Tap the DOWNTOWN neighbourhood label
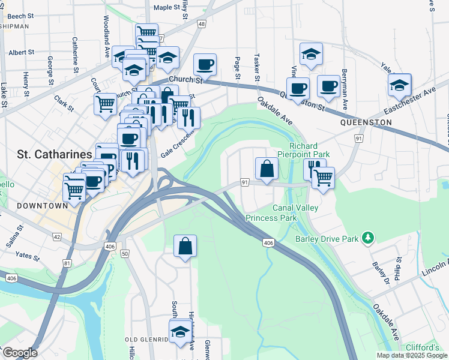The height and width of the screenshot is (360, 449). [x=34, y=206]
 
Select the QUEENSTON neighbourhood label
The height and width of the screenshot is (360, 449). [x=366, y=122]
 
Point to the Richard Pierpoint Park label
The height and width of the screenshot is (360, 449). [x=309, y=150]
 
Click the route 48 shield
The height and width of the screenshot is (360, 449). [x=201, y=24]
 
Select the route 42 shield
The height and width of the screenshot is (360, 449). [x=57, y=237]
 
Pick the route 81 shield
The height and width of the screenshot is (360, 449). [x=67, y=263]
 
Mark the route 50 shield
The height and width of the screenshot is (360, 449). [x=125, y=254]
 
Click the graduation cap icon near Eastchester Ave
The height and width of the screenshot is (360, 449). [x=399, y=86]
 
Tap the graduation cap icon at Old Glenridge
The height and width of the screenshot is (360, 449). [x=180, y=331]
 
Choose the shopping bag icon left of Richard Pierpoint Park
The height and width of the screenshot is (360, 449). [x=267, y=169]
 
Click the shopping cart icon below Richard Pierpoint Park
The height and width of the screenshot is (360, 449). [x=323, y=178]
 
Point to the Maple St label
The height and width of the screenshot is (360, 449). [x=167, y=8]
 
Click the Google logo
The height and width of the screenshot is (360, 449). [x=19, y=353]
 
